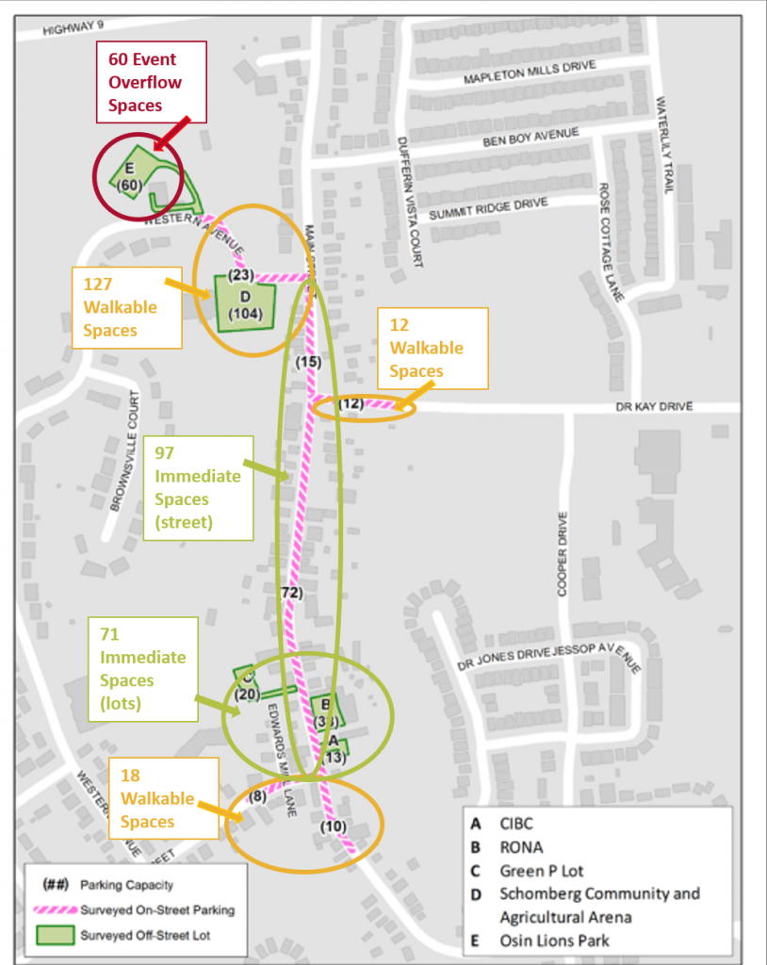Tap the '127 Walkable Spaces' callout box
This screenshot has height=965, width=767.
[x=126, y=307]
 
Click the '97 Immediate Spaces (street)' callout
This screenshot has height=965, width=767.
[x=199, y=487]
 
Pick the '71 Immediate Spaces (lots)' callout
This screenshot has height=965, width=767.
[x=143, y=668]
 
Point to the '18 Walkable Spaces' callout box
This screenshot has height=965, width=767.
[x=163, y=798]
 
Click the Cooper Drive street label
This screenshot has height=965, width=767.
[x=563, y=554]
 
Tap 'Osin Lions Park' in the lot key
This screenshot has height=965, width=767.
[x=554, y=940]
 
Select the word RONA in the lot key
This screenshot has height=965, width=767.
[x=521, y=847]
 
